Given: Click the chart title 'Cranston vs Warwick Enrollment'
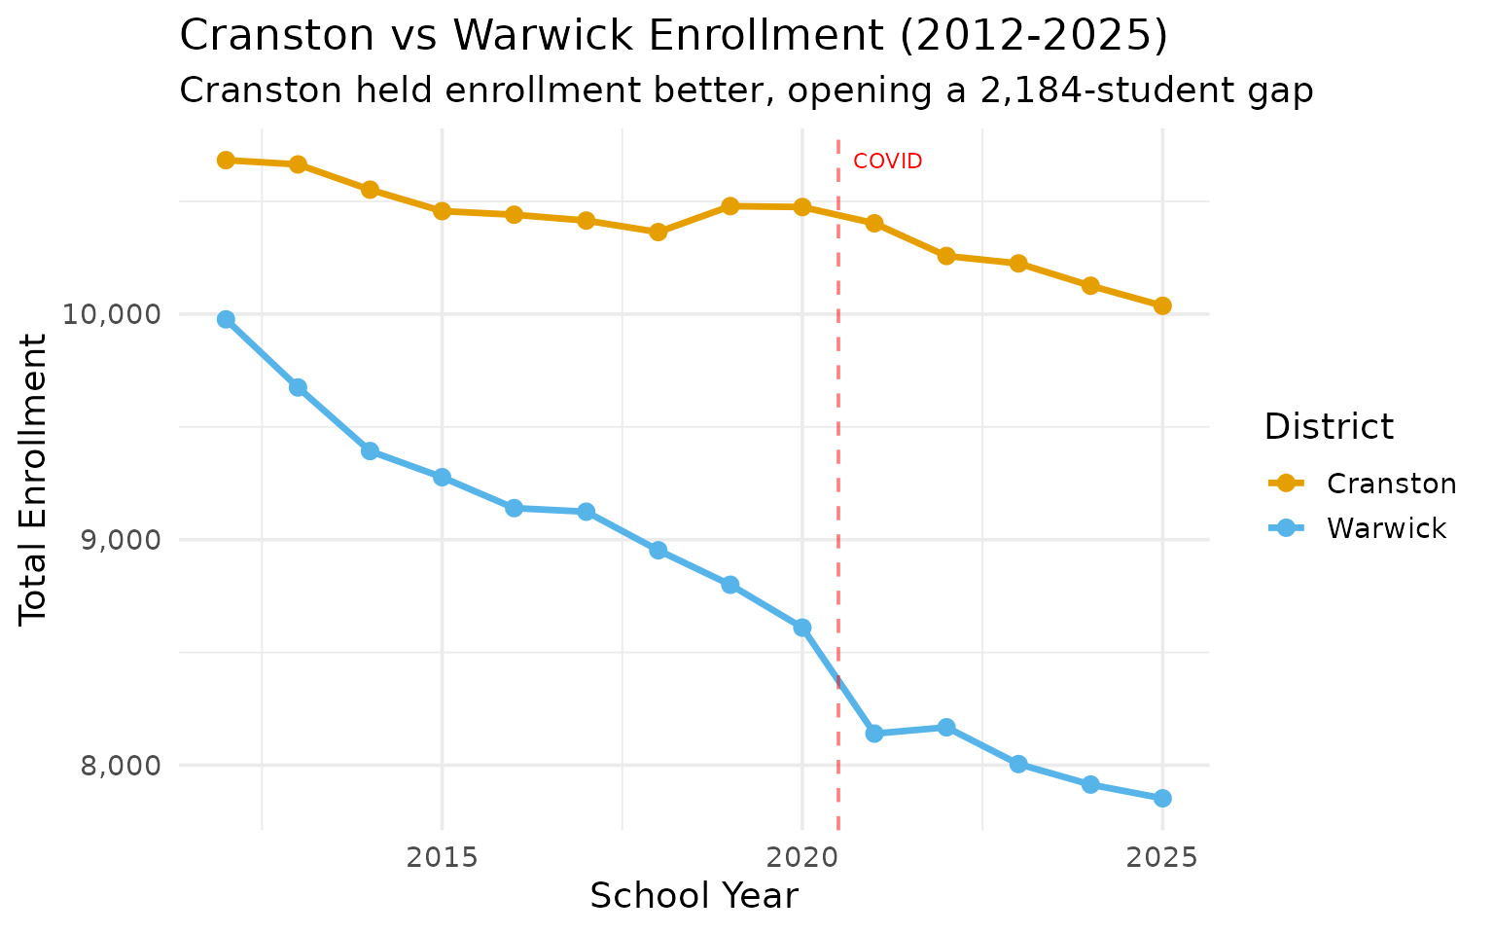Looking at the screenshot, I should (673, 37).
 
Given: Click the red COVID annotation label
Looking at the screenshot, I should (887, 162).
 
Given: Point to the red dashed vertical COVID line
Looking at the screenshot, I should (838, 486).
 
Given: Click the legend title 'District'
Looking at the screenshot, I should (1328, 426).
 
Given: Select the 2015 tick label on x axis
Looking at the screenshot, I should (442, 857).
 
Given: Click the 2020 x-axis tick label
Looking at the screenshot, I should (801, 857).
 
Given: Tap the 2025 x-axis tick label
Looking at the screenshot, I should (1161, 857).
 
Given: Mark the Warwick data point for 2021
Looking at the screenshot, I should (873, 734).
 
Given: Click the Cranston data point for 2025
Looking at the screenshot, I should (1161, 305).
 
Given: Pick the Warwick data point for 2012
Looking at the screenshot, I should (226, 319).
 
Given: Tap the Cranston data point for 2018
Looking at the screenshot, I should (658, 232).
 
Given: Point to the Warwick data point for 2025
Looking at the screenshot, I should (1161, 798).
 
